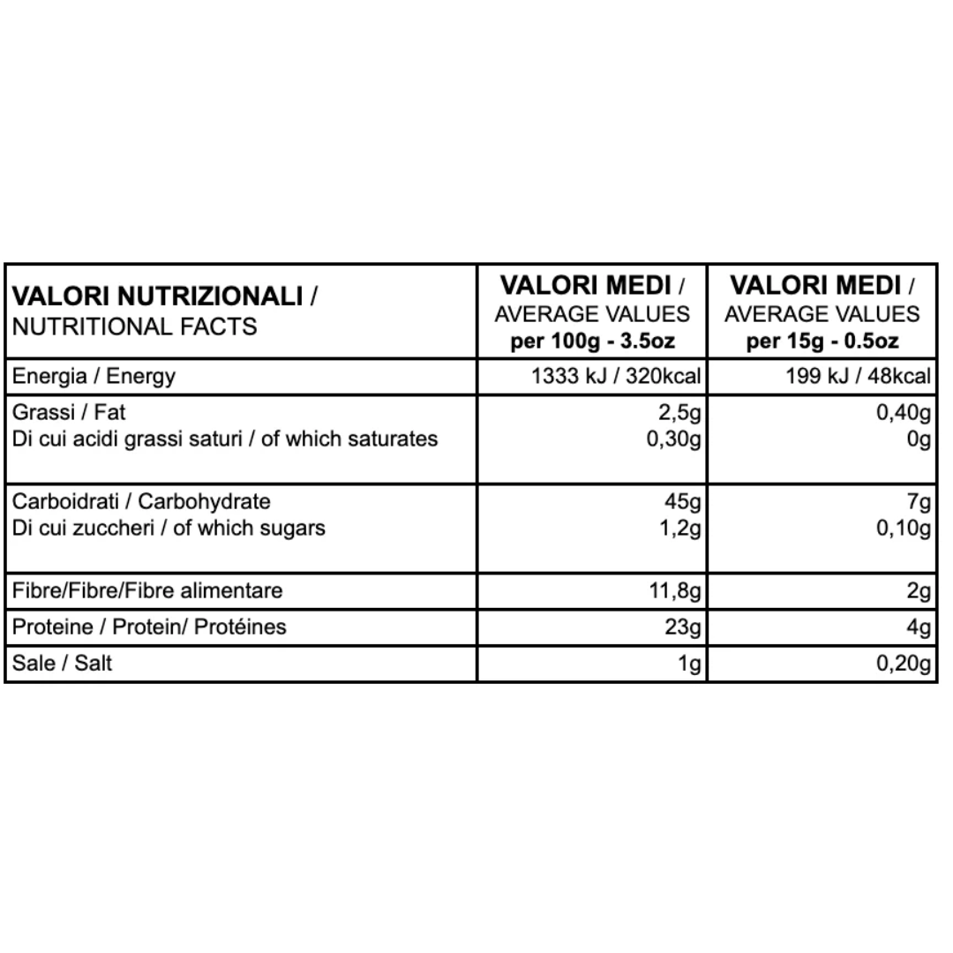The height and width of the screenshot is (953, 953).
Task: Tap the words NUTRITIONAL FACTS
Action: pos(134,326)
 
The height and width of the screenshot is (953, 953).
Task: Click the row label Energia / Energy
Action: pos(94,377)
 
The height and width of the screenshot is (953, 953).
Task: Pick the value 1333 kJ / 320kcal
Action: pos(616,377)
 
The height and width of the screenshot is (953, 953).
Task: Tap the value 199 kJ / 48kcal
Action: pos(858,377)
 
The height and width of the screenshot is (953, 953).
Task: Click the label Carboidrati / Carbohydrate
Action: pos(141,502)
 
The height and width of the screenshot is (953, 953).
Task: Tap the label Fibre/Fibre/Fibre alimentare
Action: pos(147,590)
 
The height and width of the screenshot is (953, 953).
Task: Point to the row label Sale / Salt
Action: pos(62,663)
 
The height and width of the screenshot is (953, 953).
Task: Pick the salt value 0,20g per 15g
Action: pos(904,663)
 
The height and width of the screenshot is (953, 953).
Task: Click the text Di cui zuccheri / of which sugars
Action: pos(169,529)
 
